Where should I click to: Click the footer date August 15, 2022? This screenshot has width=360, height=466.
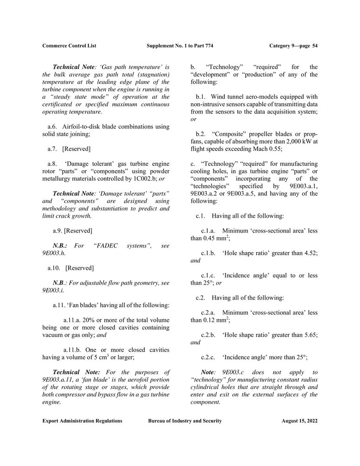[299, 421]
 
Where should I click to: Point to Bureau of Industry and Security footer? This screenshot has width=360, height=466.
[185, 421]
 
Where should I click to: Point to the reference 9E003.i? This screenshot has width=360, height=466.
[53, 290]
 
